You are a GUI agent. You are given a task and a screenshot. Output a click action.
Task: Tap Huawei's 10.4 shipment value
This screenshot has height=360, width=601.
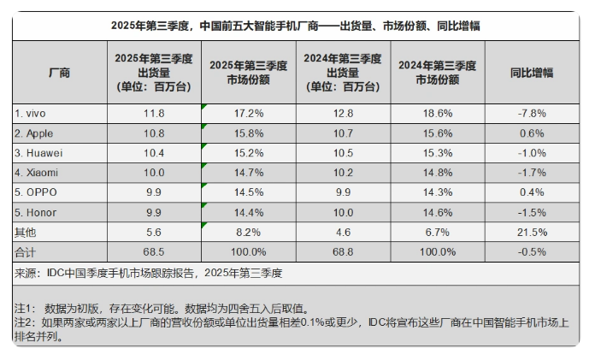point(153,152)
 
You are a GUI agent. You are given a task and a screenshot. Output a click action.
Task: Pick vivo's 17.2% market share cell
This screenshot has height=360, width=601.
point(248,113)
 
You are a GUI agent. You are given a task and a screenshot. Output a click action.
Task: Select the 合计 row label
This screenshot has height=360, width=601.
point(26,251)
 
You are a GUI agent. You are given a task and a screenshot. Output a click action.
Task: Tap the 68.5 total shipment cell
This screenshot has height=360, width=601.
point(153,251)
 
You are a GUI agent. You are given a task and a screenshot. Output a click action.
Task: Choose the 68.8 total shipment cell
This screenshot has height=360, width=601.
point(343,251)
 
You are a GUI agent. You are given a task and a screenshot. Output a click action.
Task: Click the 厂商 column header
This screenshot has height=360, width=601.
point(59,73)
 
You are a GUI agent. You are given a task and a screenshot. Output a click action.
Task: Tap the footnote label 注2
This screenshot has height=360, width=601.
point(26,322)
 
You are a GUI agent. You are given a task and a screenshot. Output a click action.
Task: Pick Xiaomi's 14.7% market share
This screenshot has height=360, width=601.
point(248,172)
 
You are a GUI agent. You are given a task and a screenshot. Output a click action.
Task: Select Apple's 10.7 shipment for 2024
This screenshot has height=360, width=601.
point(343,133)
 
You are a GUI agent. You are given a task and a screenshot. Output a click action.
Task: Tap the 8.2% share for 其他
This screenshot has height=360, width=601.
point(248,232)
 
